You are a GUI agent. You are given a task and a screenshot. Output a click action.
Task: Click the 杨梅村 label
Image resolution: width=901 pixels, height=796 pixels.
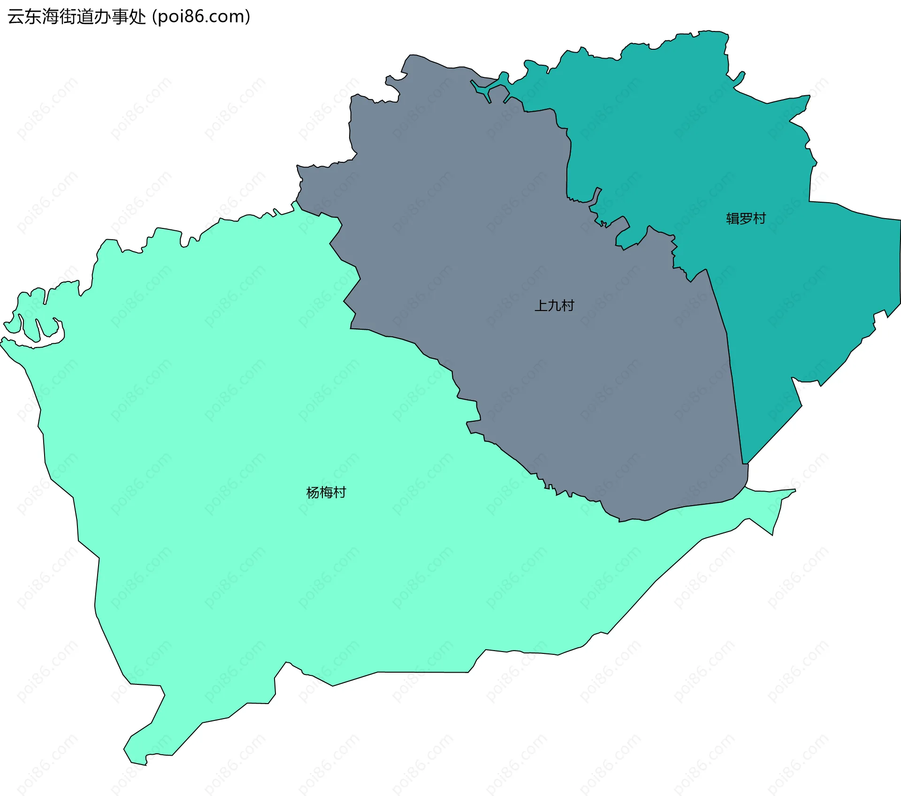[x=326, y=493]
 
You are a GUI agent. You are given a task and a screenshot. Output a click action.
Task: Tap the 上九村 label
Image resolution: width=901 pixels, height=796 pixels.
[x=554, y=306]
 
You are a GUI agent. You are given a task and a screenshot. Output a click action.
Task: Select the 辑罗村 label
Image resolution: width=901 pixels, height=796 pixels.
[x=746, y=219]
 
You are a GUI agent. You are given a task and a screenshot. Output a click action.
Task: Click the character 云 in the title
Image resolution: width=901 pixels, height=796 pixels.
[x=16, y=17]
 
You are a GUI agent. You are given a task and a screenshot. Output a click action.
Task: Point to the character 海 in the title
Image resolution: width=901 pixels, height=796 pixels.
[x=50, y=17]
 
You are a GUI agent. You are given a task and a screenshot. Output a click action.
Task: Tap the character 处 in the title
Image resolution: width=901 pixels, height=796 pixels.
[x=137, y=17]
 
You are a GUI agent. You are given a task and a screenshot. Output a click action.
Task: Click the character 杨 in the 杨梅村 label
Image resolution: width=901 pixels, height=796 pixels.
[x=313, y=493]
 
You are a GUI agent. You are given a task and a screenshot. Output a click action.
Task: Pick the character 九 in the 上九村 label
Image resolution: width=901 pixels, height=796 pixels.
[x=554, y=306]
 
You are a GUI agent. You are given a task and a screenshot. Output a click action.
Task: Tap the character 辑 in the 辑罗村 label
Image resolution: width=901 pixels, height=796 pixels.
[x=733, y=219]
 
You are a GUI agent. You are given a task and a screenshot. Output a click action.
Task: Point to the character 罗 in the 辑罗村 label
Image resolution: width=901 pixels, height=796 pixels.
[x=746, y=219]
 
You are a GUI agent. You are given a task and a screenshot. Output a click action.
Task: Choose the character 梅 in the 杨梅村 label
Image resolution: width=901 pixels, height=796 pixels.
[x=326, y=493]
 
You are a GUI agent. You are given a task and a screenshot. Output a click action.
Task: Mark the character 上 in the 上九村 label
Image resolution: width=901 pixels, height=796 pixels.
[x=541, y=306]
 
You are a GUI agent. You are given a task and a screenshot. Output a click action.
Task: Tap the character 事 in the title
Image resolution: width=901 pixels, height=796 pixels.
[x=120, y=17]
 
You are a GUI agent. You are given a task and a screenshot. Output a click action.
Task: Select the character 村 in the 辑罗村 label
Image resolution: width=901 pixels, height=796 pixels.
[x=759, y=219]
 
